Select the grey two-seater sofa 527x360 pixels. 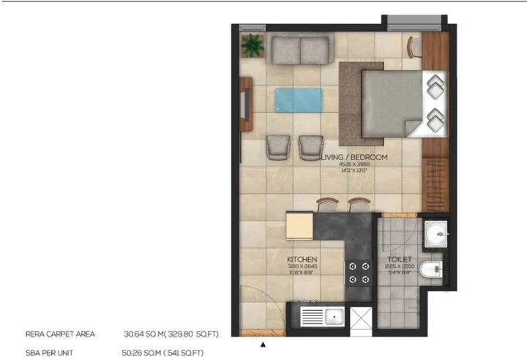[x=300, y=50]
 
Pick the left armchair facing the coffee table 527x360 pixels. [x=277, y=147]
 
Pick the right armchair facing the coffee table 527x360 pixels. [x=310, y=147]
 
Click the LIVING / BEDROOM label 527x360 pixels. [x=354, y=157]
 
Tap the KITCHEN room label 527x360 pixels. [x=302, y=260]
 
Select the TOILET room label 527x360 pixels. [x=399, y=260]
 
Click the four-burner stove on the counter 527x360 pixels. [x=359, y=272]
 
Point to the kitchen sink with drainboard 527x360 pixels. [x=323, y=318]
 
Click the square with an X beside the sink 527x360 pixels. [x=361, y=318]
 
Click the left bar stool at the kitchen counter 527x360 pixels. [x=325, y=205]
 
